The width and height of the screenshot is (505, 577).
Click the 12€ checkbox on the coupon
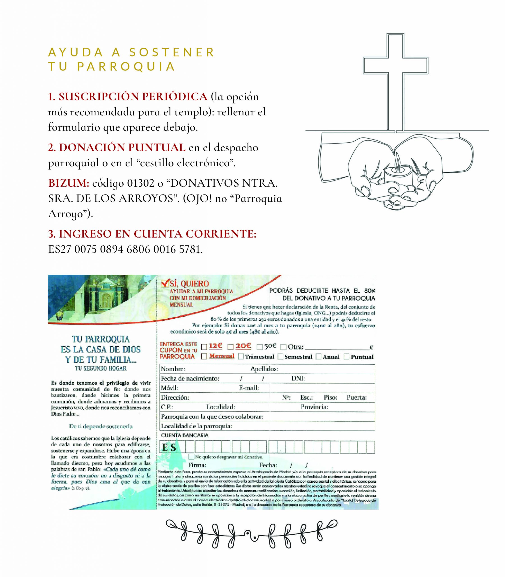click(204, 347)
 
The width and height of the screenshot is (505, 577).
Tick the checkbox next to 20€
click(230, 347)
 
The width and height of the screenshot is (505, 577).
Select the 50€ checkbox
click(259, 347)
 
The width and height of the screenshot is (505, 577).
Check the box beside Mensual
click(204, 356)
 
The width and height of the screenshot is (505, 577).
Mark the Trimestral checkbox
click(241, 357)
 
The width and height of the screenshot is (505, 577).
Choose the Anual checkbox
click(318, 357)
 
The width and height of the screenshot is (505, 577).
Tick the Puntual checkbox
click(346, 357)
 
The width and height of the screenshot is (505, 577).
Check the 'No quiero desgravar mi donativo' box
click(191, 457)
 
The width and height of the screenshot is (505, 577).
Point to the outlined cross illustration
click(395, 82)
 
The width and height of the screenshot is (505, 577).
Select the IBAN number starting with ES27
click(125, 249)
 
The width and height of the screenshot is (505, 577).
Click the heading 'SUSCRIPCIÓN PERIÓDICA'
click(133, 97)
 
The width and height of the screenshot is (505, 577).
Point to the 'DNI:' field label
click(298, 378)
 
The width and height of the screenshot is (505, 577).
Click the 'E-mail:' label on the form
click(249, 388)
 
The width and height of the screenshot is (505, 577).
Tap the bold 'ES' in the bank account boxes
click(169, 447)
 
